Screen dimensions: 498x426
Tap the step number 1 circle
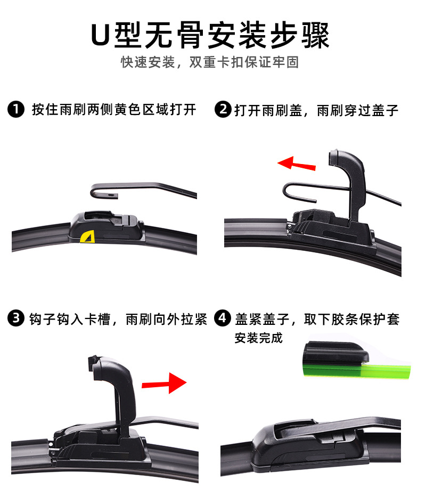[x=16, y=110]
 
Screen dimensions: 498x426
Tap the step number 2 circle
[x=223, y=110]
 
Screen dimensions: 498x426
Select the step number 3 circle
[x=16, y=319]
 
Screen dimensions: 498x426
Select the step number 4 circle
[x=223, y=319]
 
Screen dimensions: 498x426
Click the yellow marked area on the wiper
[x=86, y=236]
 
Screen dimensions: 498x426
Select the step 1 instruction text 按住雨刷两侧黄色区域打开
[x=114, y=110]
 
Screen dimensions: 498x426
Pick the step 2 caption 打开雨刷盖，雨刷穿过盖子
[x=316, y=110]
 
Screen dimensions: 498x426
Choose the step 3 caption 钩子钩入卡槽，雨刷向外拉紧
[x=114, y=319]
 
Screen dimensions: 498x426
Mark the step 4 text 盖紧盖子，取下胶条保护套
[x=317, y=319]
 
